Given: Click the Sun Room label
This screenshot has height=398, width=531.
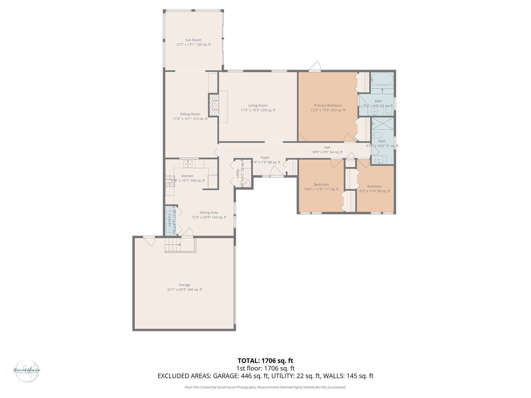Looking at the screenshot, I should (193, 40).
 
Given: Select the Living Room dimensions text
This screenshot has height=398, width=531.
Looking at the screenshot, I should (258, 110).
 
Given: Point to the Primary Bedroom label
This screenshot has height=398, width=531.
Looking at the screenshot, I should (328, 105).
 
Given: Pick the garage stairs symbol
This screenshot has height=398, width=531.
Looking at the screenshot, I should (173, 245).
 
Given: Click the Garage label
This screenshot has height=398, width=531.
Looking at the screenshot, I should (184, 285).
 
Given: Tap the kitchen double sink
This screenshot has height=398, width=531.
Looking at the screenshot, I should (188, 164).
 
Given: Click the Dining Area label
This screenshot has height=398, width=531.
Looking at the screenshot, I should (208, 212).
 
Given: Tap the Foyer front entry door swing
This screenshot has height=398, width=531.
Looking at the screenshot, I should (276, 171).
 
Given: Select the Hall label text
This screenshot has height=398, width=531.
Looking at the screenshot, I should (327, 147).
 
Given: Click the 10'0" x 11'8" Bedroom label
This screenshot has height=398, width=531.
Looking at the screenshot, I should (321, 184).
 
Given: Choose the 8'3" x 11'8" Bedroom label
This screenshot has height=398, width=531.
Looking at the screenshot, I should (374, 186).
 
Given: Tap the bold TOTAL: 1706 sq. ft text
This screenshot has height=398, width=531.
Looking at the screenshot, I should (265, 361).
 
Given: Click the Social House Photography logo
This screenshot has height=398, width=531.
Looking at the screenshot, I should (27, 370).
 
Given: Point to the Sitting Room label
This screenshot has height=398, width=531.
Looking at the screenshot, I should (190, 114).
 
